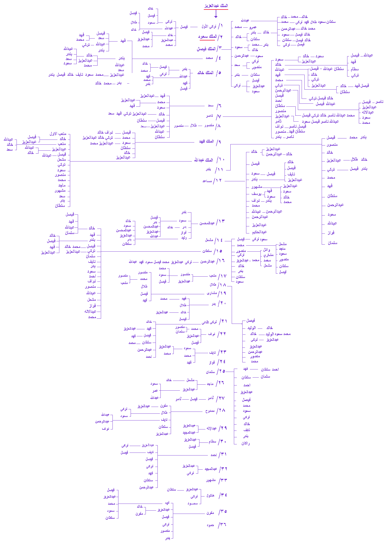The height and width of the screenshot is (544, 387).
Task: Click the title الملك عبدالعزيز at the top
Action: pyautogui.click(x=216, y=6)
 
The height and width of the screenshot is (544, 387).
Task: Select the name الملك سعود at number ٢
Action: pyautogui.click(x=207, y=37)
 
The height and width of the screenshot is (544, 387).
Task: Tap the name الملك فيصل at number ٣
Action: pyautogui.click(x=206, y=49)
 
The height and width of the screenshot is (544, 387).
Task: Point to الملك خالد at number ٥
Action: pyautogui.click(x=205, y=73)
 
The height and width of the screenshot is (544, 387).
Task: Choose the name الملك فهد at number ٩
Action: pyautogui.click(x=207, y=141)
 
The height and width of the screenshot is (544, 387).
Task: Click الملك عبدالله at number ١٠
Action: pyautogui.click(x=204, y=160)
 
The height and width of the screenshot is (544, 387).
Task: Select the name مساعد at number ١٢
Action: pyautogui.click(x=207, y=181)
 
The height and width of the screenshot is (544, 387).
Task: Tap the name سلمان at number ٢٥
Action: pyautogui.click(x=210, y=372)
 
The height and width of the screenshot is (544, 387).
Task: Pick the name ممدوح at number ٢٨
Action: pyautogui.click(x=210, y=411)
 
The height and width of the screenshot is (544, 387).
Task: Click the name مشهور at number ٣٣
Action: pyautogui.click(x=211, y=480)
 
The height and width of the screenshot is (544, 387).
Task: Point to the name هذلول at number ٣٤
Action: pyautogui.click(x=210, y=495)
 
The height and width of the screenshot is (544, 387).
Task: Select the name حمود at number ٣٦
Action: pyautogui.click(x=210, y=525)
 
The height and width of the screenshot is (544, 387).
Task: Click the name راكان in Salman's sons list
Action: pyautogui.click(x=246, y=443)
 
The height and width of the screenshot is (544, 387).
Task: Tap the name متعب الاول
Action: pyautogui.click(x=58, y=134)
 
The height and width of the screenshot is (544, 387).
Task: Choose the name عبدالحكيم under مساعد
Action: pyautogui.click(x=259, y=232)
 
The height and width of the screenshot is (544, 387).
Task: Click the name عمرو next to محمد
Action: pyautogui.click(x=253, y=27)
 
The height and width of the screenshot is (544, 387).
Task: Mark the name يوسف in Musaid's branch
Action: pyautogui.click(x=256, y=194)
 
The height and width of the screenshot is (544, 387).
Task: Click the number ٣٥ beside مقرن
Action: pyautogui.click(x=223, y=511)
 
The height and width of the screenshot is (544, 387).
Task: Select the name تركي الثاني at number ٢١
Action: pyautogui.click(x=209, y=322)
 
